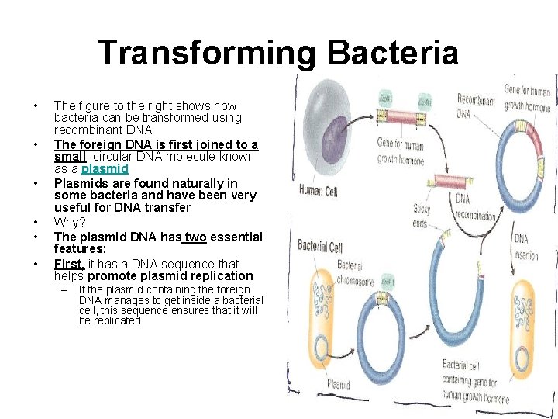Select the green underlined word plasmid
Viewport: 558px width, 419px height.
coord(105,168)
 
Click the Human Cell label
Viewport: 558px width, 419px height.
coord(322,190)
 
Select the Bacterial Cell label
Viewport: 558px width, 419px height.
coord(320,246)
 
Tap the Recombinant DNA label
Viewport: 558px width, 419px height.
coord(474,106)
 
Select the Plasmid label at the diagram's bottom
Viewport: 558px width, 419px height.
coord(339,384)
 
